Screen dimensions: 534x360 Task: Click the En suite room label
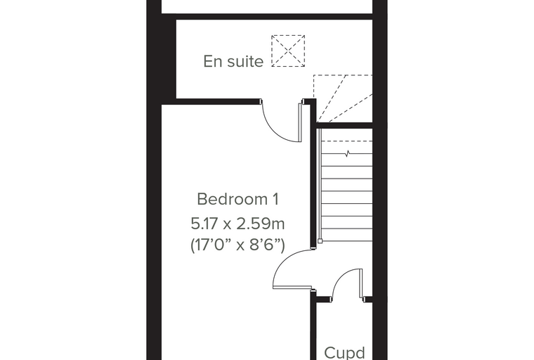(233, 62)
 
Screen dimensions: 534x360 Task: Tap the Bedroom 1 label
(238, 199)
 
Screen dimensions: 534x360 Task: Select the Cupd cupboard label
(345, 352)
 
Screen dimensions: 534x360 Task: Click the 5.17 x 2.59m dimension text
(237, 224)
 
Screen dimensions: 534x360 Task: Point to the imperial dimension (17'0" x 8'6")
(237, 245)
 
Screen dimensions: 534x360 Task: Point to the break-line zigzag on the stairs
(347, 154)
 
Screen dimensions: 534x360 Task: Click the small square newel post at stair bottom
(320, 241)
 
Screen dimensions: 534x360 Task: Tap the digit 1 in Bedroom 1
(276, 199)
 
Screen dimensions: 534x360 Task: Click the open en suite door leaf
(301, 122)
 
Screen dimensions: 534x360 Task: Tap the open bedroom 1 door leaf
(292, 288)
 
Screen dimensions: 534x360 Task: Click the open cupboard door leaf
(361, 283)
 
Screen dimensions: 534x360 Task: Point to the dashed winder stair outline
(343, 98)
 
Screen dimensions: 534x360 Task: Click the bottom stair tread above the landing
(346, 235)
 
